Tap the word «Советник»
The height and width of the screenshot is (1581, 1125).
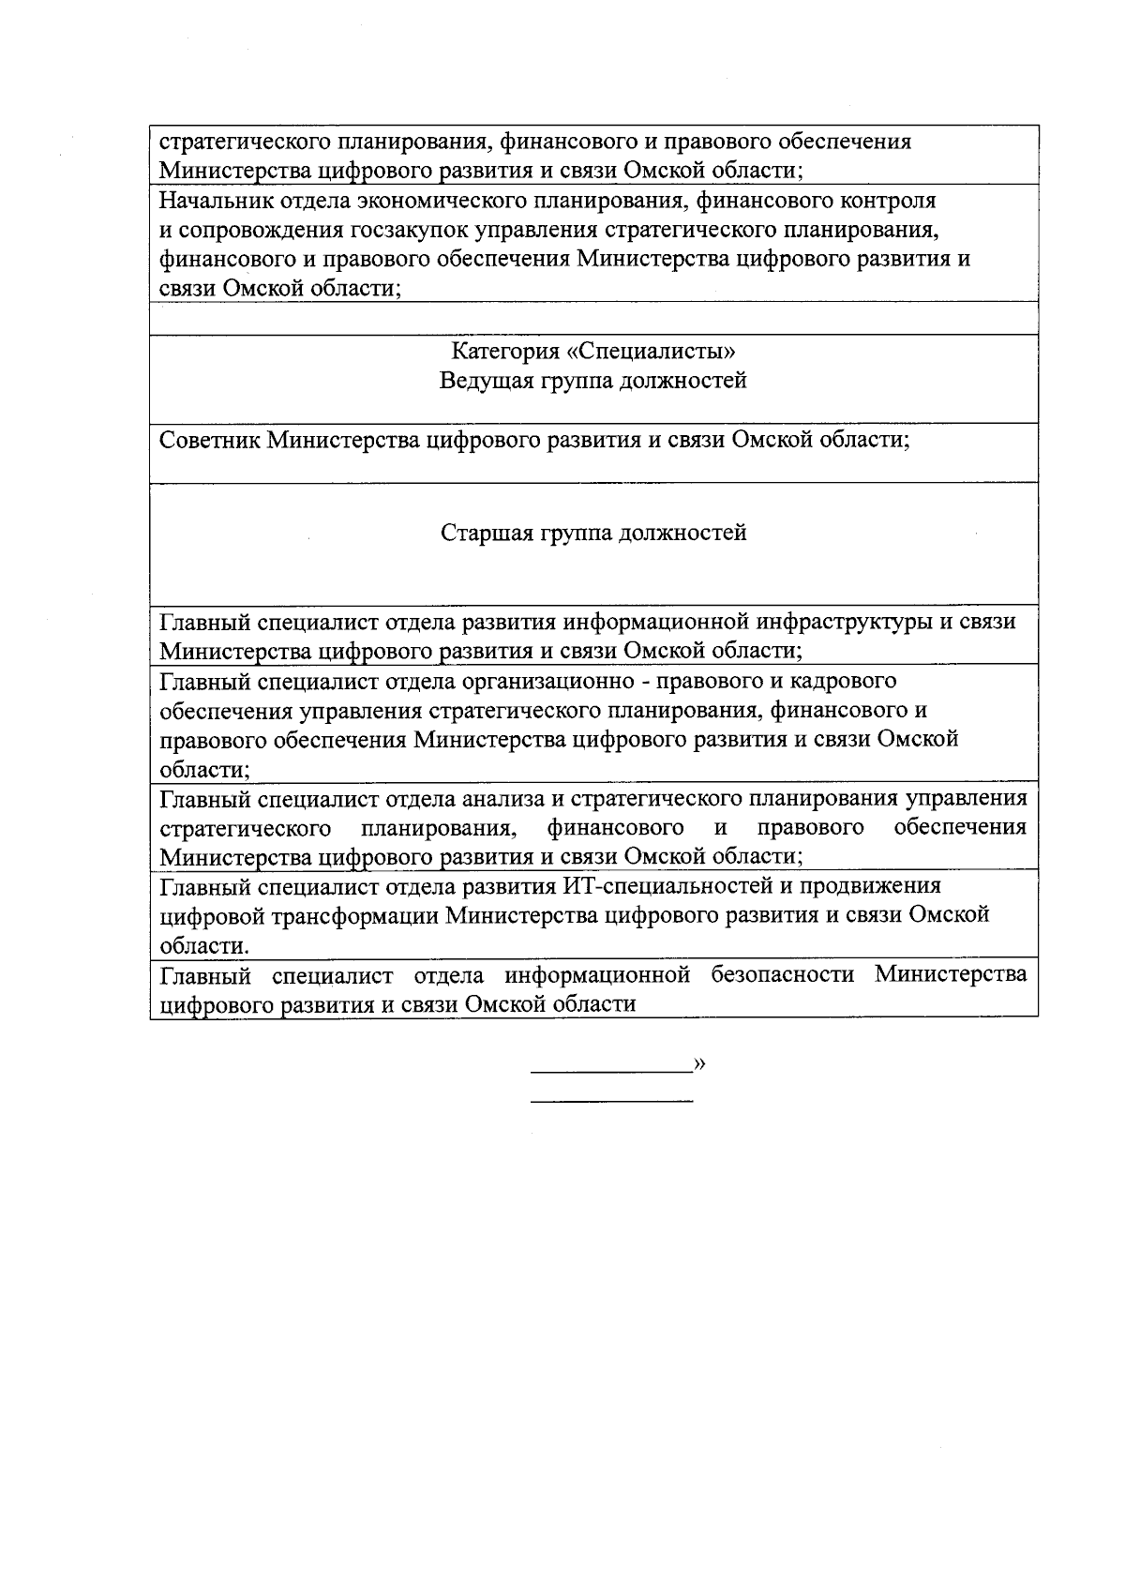pyautogui.click(x=211, y=440)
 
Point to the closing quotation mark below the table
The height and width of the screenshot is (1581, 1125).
pyautogui.click(x=699, y=1063)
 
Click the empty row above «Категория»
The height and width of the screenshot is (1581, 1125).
pyautogui.click(x=593, y=318)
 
